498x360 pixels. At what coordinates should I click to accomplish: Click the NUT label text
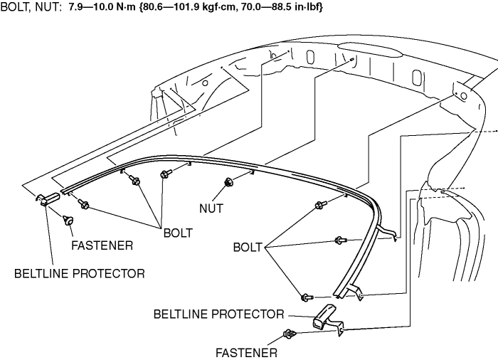212,209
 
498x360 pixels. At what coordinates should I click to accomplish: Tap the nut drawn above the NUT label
228,182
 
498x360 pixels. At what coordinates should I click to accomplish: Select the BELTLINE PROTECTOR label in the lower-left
79,272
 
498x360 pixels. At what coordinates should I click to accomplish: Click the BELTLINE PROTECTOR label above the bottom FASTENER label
218,314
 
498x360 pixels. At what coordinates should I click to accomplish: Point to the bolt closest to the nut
164,174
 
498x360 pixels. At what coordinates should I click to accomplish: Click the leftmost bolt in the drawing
83,205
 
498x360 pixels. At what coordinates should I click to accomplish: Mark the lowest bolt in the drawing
306,296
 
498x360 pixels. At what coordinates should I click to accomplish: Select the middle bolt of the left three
135,181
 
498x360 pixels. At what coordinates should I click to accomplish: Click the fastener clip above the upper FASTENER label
70,220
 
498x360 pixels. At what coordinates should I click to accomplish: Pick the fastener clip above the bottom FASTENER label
290,334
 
